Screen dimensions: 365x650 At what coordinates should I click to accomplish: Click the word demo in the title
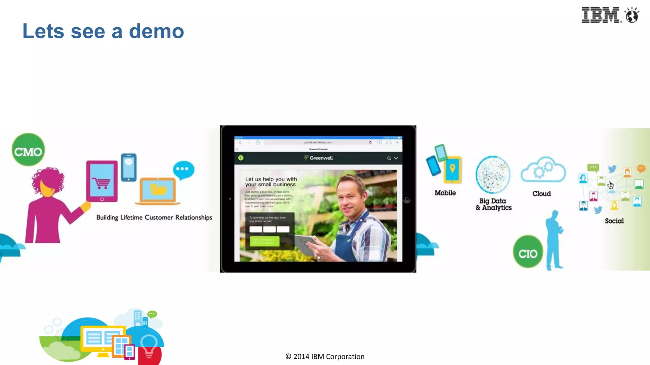tap(156, 31)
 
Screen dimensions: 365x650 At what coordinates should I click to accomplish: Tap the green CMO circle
tap(28, 150)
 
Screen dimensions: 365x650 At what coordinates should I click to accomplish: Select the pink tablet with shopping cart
tap(102, 181)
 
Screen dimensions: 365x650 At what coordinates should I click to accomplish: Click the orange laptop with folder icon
tap(158, 191)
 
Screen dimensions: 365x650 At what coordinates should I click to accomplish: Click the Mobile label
tap(445, 193)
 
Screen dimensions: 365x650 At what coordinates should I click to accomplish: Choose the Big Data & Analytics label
tap(494, 204)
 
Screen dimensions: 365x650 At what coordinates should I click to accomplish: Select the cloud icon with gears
tap(543, 170)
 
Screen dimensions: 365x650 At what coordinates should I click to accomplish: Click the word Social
tap(614, 221)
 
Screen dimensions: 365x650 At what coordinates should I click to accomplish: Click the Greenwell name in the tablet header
tap(321, 158)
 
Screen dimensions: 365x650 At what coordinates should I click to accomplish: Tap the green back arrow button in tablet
tap(241, 158)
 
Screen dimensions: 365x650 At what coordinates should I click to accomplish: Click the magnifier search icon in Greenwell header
tap(389, 158)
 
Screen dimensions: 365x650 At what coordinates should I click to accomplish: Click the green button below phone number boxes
tap(264, 241)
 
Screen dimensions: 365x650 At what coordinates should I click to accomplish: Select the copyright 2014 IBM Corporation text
tap(325, 356)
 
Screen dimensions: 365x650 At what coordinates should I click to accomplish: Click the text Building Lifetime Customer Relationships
tap(154, 217)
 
